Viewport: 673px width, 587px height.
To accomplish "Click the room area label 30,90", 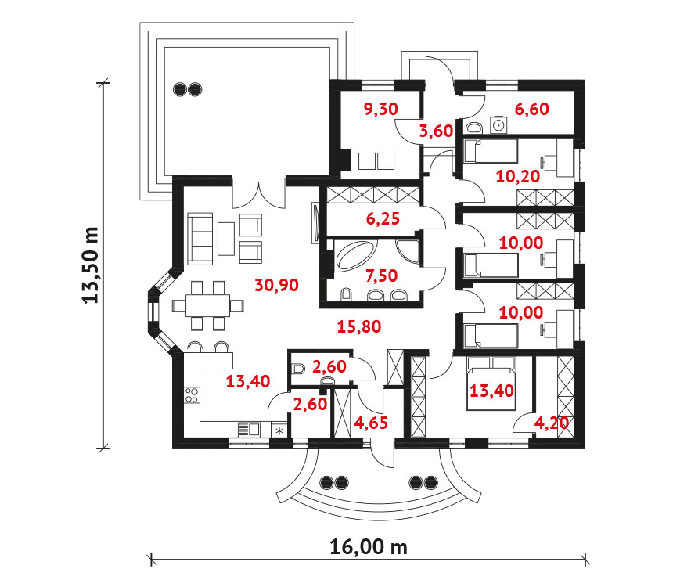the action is click(x=276, y=285).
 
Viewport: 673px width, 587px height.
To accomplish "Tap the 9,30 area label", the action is click(x=380, y=109).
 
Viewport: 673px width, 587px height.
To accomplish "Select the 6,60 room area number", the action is click(x=532, y=109).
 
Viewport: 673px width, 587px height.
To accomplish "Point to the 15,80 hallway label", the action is click(x=359, y=327).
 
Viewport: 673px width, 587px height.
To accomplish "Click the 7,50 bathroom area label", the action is click(x=382, y=275).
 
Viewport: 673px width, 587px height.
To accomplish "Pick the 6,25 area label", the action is click(x=383, y=218).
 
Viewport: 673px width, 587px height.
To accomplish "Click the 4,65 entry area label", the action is click(x=371, y=423).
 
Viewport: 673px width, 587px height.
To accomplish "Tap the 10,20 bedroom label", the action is click(x=517, y=176).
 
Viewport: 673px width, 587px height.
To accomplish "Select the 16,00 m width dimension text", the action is click(x=369, y=547).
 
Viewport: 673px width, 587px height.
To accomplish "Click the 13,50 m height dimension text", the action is click(x=91, y=265).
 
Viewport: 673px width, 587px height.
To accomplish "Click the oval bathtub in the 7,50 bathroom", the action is click(x=356, y=257).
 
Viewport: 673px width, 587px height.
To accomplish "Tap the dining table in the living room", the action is click(x=207, y=305).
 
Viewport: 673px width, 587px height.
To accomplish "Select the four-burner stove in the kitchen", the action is click(x=192, y=395).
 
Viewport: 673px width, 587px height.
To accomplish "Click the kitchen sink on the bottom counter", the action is click(x=249, y=430).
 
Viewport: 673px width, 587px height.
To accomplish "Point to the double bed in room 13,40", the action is click(x=491, y=383).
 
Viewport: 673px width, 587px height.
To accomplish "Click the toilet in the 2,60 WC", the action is click(x=298, y=369).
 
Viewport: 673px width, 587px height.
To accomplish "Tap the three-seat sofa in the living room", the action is click(x=200, y=239).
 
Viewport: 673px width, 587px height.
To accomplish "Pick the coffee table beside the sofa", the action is click(x=226, y=239).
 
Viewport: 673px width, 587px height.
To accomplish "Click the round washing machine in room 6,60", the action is click(x=498, y=125).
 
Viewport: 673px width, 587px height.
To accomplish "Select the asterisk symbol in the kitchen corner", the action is click(x=279, y=430).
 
